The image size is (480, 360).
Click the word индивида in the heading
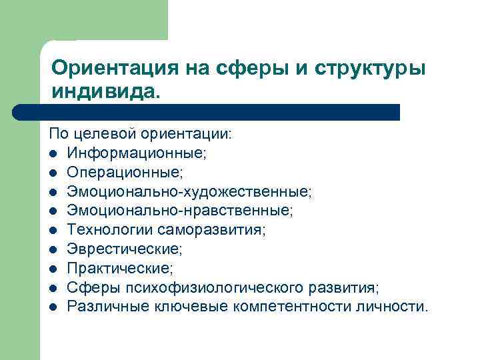103,91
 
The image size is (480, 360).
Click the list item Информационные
137,153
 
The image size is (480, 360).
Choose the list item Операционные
124,173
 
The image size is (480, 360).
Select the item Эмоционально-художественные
189,192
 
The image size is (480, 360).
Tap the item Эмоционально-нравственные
179,211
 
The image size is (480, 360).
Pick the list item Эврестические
124,249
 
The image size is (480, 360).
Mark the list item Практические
119,269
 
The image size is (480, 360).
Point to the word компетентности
297,307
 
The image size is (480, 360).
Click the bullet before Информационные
53,154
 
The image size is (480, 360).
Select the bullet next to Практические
53,269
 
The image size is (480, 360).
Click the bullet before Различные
53,307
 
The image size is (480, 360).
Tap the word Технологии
111,230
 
